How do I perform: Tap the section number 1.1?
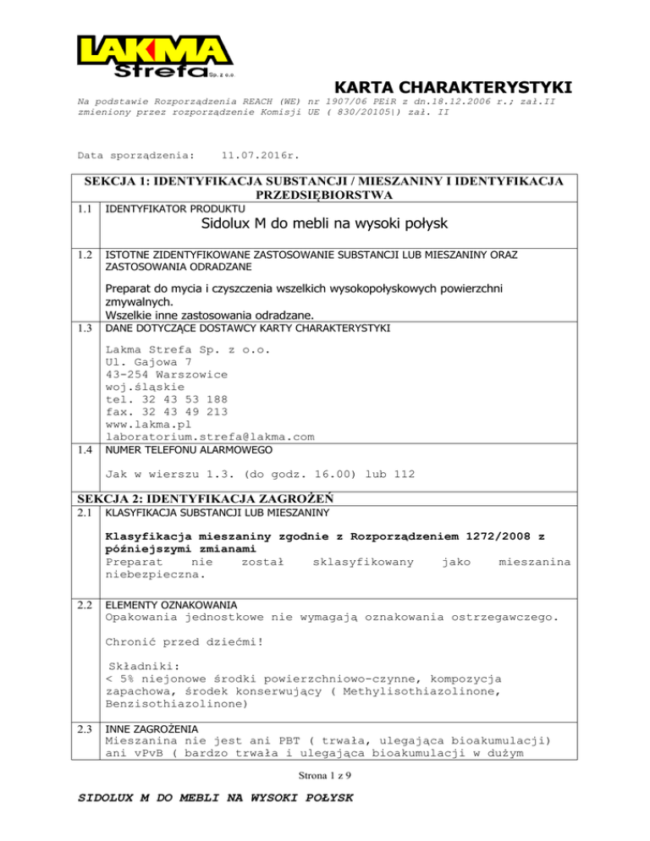(85, 207)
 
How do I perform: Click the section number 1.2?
(85, 254)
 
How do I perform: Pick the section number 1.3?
(85, 327)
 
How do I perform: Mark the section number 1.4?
(85, 452)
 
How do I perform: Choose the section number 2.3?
(85, 727)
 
